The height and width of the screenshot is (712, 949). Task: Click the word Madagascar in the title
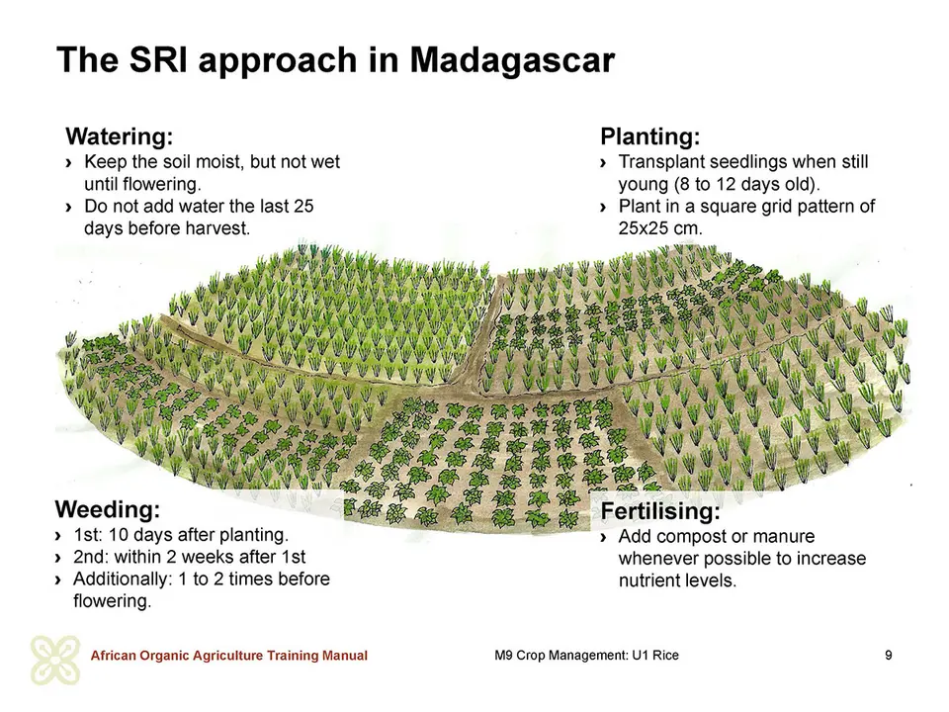(x=512, y=60)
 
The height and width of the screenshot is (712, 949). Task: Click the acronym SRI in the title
(x=158, y=59)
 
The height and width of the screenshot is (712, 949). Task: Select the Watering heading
(x=120, y=136)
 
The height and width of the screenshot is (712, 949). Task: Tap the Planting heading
(x=650, y=136)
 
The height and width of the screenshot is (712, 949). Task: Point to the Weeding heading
(x=108, y=510)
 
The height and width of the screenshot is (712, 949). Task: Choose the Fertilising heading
(x=660, y=511)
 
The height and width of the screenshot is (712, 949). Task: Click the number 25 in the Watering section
(x=303, y=207)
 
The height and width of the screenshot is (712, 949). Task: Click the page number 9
(x=889, y=655)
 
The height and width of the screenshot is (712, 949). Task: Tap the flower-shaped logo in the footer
(x=55, y=661)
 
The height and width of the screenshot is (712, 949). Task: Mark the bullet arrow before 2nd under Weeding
(x=58, y=558)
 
